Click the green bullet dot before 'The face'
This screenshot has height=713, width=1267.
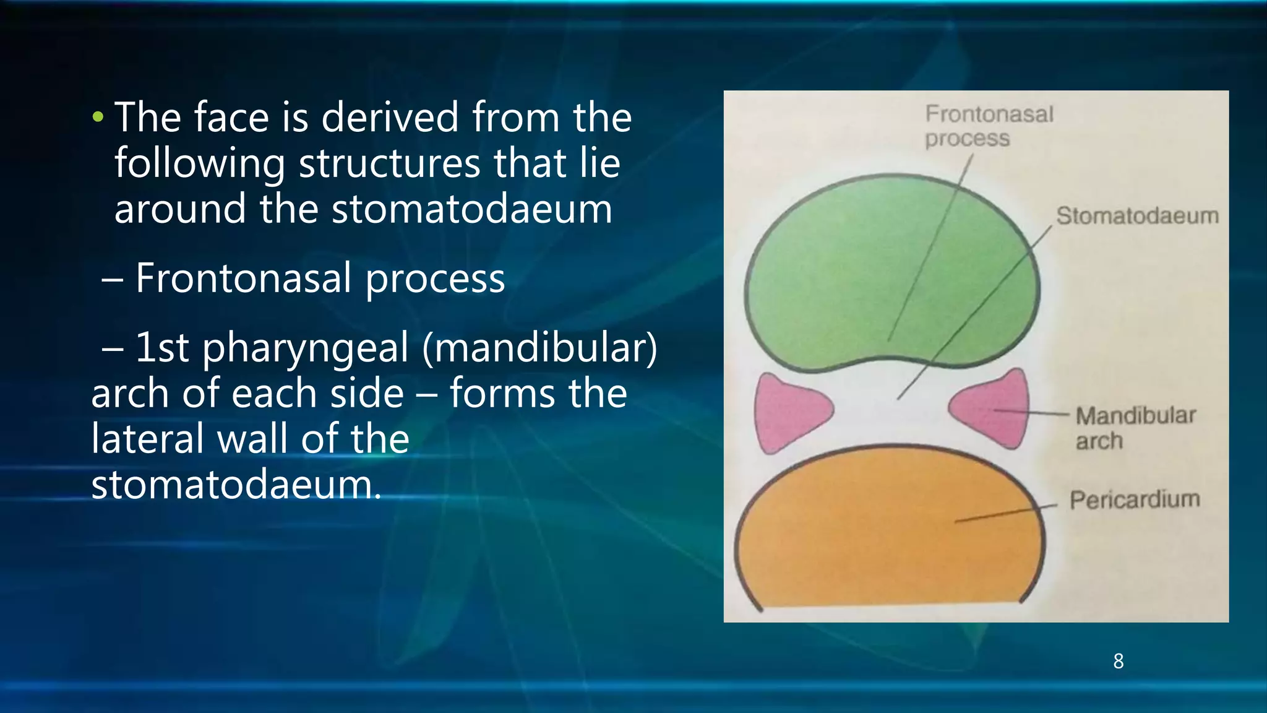97,116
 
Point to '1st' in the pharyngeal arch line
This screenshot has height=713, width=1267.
161,347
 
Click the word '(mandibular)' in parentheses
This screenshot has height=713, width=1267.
539,347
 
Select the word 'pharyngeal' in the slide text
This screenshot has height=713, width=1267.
306,348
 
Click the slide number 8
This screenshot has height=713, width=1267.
1118,661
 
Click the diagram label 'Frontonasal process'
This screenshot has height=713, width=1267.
988,126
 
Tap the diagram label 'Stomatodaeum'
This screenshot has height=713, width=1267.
1137,215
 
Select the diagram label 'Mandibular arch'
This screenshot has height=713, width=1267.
1135,428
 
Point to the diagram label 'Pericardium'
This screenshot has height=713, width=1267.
1135,499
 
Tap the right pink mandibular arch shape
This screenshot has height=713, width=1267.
993,409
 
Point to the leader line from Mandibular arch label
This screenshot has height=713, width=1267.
1033,412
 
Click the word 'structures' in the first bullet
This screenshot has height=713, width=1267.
389,163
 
